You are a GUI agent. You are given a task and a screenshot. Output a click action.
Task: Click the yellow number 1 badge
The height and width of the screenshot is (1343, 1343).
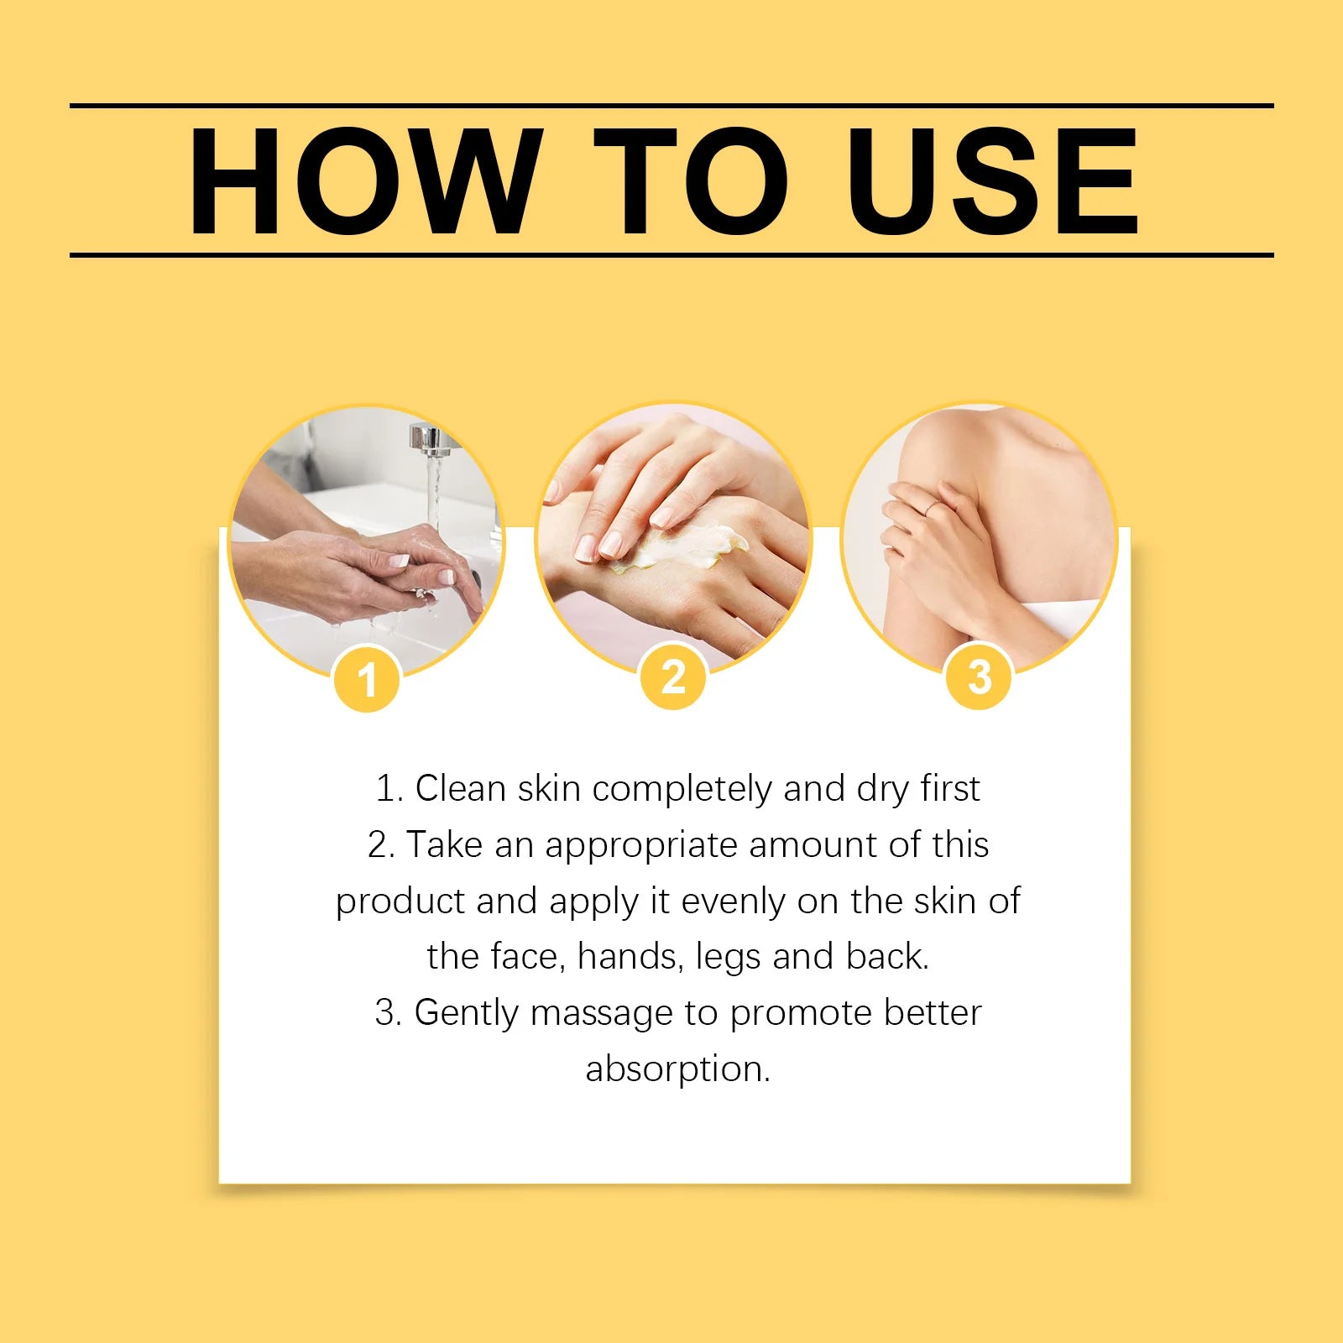tap(367, 679)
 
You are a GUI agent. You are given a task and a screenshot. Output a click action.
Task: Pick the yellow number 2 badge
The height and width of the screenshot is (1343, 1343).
tap(673, 677)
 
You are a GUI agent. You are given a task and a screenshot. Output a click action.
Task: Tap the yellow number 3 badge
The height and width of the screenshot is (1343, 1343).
tap(980, 677)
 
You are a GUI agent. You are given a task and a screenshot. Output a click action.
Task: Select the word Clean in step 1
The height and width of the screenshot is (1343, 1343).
tap(460, 789)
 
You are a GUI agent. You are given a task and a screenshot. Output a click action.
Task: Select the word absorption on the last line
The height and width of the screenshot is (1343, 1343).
tap(677, 1069)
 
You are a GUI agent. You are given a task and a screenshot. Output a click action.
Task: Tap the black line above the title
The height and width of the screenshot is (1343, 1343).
tap(671, 106)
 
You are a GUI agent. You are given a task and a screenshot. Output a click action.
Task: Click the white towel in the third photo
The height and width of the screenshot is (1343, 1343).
tap(1066, 617)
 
